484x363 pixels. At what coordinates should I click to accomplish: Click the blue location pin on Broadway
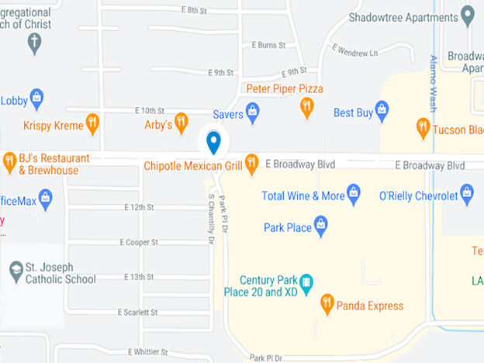click(213, 142)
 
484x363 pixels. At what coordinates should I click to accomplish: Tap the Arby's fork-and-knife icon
click(181, 122)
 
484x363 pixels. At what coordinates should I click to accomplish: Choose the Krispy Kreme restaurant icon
click(92, 123)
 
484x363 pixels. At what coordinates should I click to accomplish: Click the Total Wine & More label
click(301, 195)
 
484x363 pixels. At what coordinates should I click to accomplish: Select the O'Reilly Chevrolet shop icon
click(466, 192)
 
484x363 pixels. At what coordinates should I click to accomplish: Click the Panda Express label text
click(370, 306)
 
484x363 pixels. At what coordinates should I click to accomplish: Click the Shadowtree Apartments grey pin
click(467, 14)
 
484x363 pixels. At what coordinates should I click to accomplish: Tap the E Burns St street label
click(268, 45)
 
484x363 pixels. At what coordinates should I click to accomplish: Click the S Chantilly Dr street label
click(210, 220)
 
